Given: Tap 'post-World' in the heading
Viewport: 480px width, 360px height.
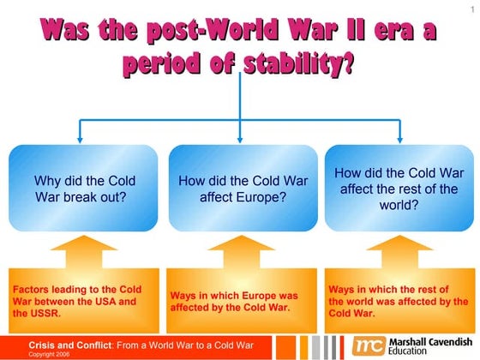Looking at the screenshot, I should (174, 31).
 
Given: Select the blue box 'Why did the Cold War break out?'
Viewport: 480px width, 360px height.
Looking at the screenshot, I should (84, 189).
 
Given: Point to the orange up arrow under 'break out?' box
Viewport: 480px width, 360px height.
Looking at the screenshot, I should (84, 253).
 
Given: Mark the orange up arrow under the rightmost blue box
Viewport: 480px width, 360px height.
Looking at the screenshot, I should (397, 253).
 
